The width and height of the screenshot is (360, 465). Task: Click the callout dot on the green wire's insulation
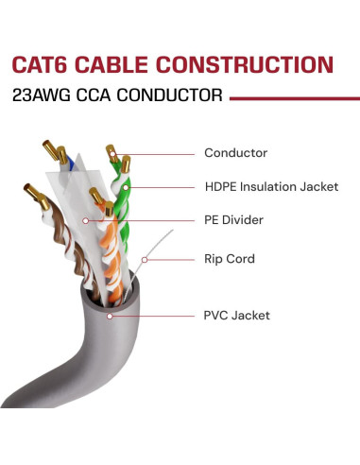tap(126, 186)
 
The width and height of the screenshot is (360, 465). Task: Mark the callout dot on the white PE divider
tap(87, 221)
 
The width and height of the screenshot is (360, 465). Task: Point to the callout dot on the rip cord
tap(144, 257)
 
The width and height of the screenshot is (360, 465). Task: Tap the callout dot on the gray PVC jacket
tap(111, 315)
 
